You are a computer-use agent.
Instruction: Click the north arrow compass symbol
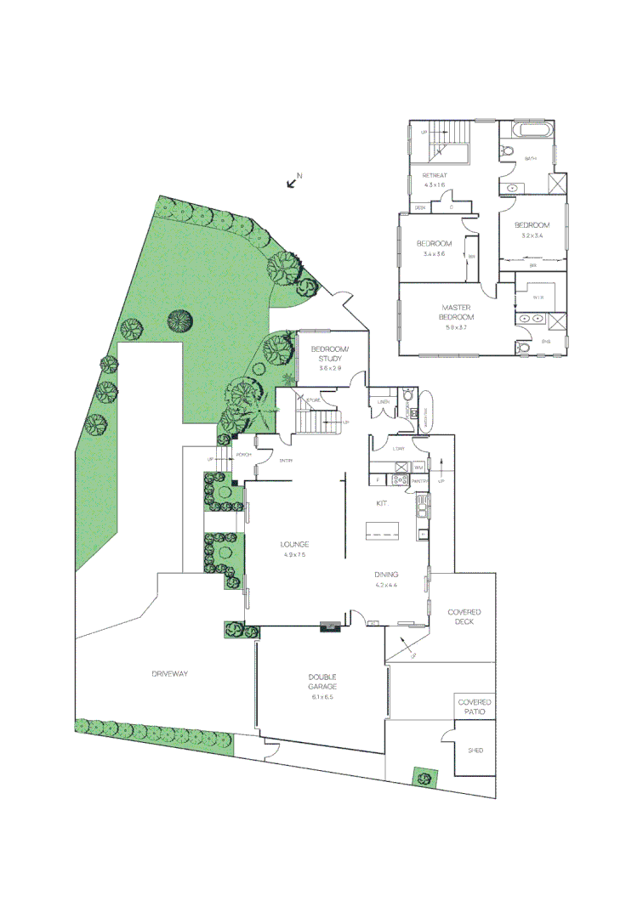click(x=294, y=179)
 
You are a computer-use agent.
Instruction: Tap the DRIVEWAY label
click(x=169, y=673)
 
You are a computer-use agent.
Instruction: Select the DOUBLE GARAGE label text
click(x=321, y=682)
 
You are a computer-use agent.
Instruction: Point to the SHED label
click(x=475, y=751)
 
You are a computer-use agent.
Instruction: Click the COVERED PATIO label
click(x=475, y=706)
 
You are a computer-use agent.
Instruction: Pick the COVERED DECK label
click(x=464, y=617)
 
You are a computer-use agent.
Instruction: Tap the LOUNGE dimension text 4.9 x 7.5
click(x=295, y=554)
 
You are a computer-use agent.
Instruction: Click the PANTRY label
click(x=419, y=481)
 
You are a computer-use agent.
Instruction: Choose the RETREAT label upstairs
click(x=435, y=175)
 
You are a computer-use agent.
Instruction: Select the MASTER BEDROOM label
click(x=457, y=312)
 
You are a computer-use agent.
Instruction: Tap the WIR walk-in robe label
click(x=538, y=297)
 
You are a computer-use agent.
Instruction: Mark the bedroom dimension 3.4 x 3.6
click(x=434, y=254)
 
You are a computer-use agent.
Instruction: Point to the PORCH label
click(x=243, y=454)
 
